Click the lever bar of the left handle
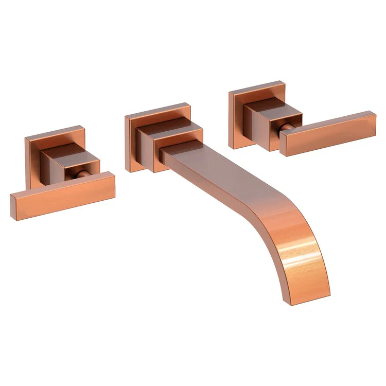tap(62, 193)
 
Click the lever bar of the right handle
tap(329, 131)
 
